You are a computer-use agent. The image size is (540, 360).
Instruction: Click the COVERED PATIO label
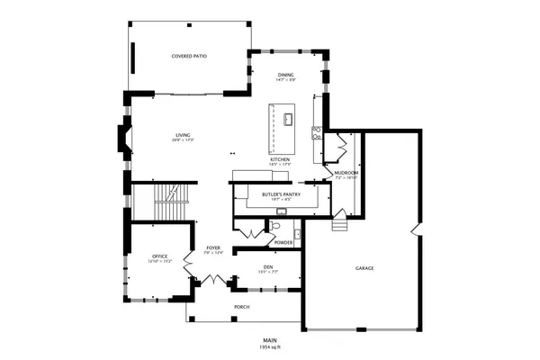point(189,56)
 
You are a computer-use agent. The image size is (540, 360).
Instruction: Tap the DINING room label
point(285,75)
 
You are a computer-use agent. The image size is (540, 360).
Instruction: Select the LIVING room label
point(184,135)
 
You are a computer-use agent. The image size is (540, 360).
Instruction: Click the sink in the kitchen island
point(289,117)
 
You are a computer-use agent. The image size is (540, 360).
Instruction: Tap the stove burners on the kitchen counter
point(317,132)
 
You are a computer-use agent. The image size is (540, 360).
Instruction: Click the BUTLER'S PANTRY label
point(276,194)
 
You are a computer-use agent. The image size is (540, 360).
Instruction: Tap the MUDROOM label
point(346,173)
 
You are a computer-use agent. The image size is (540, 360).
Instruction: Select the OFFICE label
point(159,256)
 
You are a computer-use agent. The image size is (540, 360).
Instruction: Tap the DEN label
point(267,266)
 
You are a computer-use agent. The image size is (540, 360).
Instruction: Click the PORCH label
point(241,307)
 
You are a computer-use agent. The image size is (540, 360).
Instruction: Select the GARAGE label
point(364,268)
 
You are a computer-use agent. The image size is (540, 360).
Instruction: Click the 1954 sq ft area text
point(270,346)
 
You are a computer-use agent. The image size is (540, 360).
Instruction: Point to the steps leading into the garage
point(339,222)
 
